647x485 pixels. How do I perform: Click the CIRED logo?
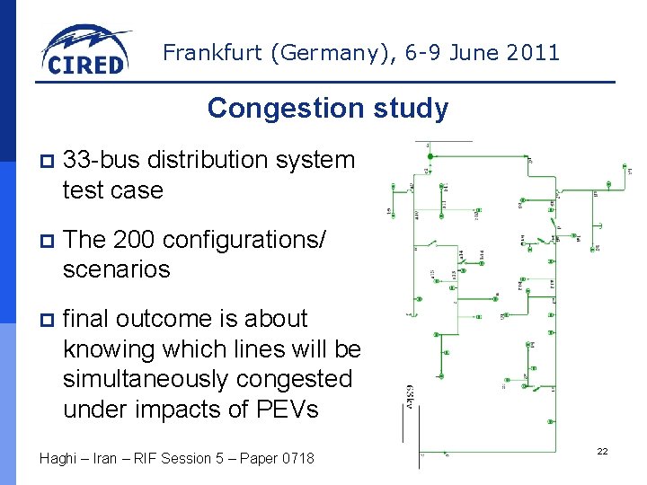[x=85, y=50]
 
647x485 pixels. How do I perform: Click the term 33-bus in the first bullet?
[x=101, y=160]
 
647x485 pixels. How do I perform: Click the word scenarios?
[x=116, y=269]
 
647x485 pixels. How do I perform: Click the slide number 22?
[x=602, y=451]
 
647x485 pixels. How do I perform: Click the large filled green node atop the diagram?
[x=431, y=156]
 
